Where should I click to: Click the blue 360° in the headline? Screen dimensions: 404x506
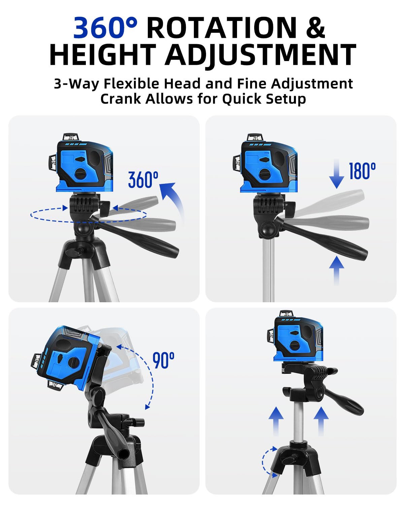105,27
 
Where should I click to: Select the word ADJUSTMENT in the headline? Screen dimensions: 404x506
261,55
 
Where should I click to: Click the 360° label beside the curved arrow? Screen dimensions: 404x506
143,180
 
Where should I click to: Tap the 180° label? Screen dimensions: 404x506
363,171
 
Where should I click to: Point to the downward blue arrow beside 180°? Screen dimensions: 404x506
337,173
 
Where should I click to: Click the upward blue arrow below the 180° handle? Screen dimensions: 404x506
337,271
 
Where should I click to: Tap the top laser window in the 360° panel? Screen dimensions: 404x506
71,137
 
